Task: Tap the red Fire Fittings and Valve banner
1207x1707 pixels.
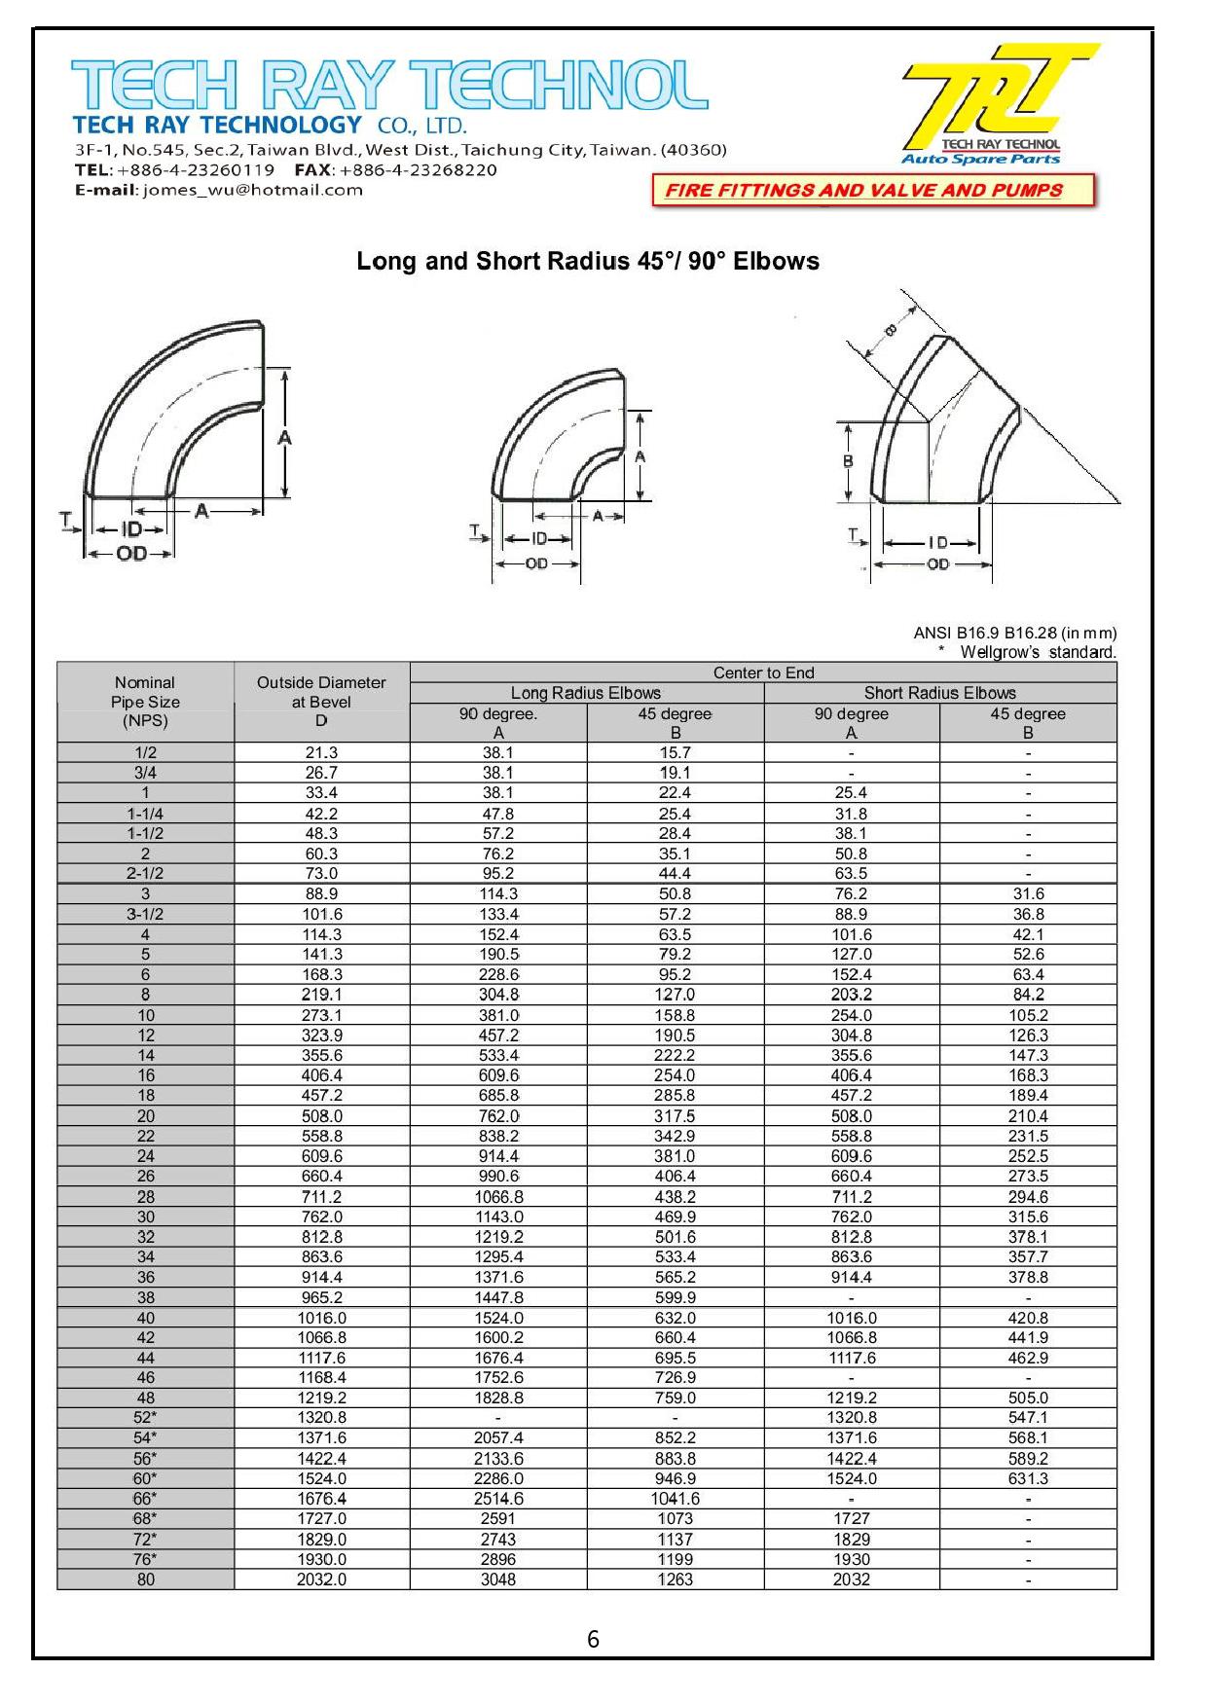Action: click(x=863, y=191)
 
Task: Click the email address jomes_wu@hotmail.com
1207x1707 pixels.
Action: click(x=252, y=191)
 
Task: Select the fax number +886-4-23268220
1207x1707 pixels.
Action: click(x=419, y=170)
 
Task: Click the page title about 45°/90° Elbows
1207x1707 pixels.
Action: click(x=588, y=261)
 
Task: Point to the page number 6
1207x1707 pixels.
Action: click(x=593, y=1640)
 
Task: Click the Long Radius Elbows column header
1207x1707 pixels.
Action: click(x=586, y=693)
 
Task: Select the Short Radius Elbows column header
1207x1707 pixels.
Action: click(x=939, y=693)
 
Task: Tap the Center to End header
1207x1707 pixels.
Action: click(x=763, y=672)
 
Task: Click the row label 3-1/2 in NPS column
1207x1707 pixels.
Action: click(x=145, y=914)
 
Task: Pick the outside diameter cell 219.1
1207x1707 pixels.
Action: click(x=321, y=995)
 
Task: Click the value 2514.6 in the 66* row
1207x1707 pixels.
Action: click(x=498, y=1499)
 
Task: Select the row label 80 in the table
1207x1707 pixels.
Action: click(x=145, y=1580)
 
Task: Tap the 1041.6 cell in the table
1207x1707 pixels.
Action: click(x=675, y=1499)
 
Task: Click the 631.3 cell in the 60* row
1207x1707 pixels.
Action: click(x=1028, y=1478)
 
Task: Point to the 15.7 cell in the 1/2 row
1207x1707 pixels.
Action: click(x=675, y=752)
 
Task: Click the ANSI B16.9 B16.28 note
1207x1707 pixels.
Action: click(x=1014, y=633)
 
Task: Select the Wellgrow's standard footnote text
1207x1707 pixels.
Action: click(x=1037, y=652)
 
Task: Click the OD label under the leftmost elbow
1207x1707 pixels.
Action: click(x=131, y=554)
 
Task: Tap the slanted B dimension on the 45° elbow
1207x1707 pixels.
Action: click(x=890, y=331)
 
